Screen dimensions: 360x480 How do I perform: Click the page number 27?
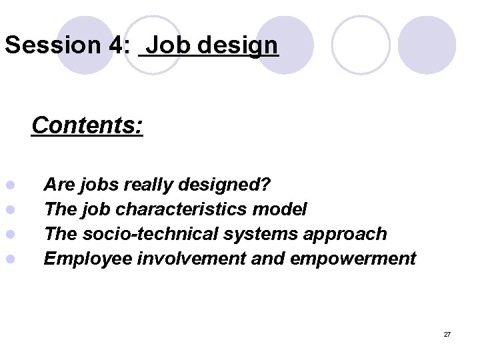[447, 334]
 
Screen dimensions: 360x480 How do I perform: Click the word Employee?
[87, 259]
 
